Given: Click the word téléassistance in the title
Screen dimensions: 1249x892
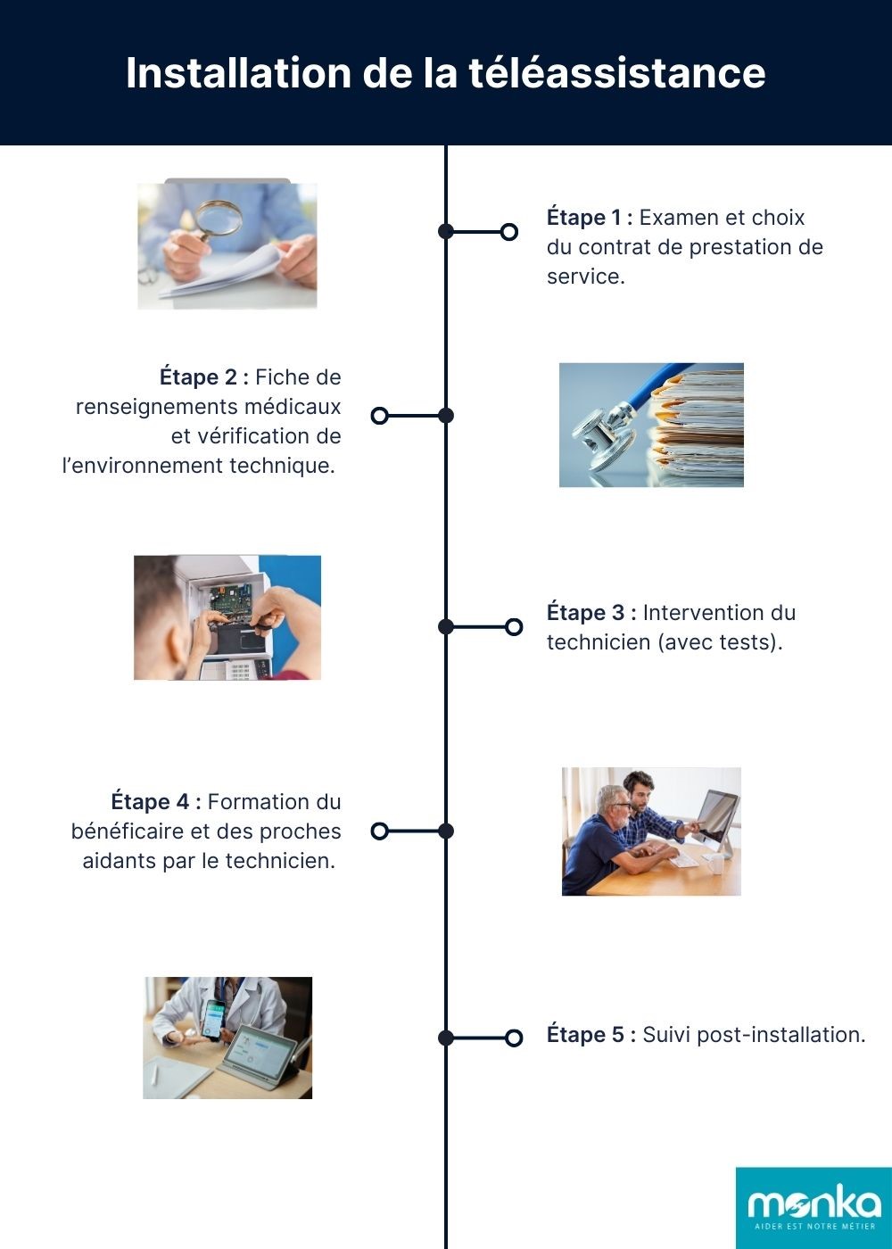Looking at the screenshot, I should click(617, 73).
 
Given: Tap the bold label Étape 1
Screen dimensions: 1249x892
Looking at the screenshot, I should click(589, 218).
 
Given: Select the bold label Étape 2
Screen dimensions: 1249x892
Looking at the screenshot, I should click(203, 377).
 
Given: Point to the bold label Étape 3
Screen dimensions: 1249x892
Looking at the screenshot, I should click(591, 613).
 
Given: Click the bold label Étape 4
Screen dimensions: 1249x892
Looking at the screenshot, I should click(155, 802).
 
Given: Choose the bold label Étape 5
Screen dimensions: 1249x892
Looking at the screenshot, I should click(591, 1035).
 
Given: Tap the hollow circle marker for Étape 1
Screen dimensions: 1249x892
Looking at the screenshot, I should click(509, 232).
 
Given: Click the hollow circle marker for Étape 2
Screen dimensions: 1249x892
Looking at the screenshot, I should click(379, 416).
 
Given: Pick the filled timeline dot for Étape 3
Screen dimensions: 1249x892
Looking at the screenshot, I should click(446, 627).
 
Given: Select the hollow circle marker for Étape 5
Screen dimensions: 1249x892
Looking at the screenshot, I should click(514, 1038).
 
